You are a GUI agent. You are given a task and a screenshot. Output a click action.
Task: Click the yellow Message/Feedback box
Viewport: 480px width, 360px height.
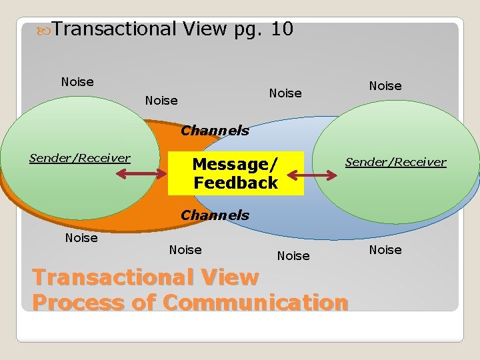tap(235, 173)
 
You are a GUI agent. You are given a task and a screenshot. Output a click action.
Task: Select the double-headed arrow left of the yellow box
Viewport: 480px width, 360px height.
tap(141, 175)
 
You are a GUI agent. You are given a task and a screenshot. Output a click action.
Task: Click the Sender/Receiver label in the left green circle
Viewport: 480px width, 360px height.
tap(80, 158)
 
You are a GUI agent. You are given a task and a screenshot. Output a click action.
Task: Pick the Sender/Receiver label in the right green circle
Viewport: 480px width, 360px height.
tap(395, 162)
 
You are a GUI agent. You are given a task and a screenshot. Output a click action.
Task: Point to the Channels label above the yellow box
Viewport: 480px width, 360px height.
tap(215, 130)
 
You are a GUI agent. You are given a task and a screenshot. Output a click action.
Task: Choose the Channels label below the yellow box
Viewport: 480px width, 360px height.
tap(215, 215)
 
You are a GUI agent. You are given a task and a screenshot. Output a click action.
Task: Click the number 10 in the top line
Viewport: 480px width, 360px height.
tap(281, 29)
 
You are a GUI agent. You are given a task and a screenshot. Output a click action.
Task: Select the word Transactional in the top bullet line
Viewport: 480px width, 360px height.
tap(114, 29)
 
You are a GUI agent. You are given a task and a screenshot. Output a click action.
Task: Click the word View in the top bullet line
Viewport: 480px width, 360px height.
tap(204, 29)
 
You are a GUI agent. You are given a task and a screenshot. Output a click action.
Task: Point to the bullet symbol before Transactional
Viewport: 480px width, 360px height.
tap(45, 30)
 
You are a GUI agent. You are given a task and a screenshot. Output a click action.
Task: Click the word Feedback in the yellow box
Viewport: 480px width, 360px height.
tap(235, 183)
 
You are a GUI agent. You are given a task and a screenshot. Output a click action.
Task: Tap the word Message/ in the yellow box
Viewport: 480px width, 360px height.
tap(233, 164)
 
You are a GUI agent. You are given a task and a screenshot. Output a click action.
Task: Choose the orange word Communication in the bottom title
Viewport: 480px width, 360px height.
tap(255, 303)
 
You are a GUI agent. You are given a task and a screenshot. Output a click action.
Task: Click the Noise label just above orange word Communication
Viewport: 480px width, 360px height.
tap(293, 255)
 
